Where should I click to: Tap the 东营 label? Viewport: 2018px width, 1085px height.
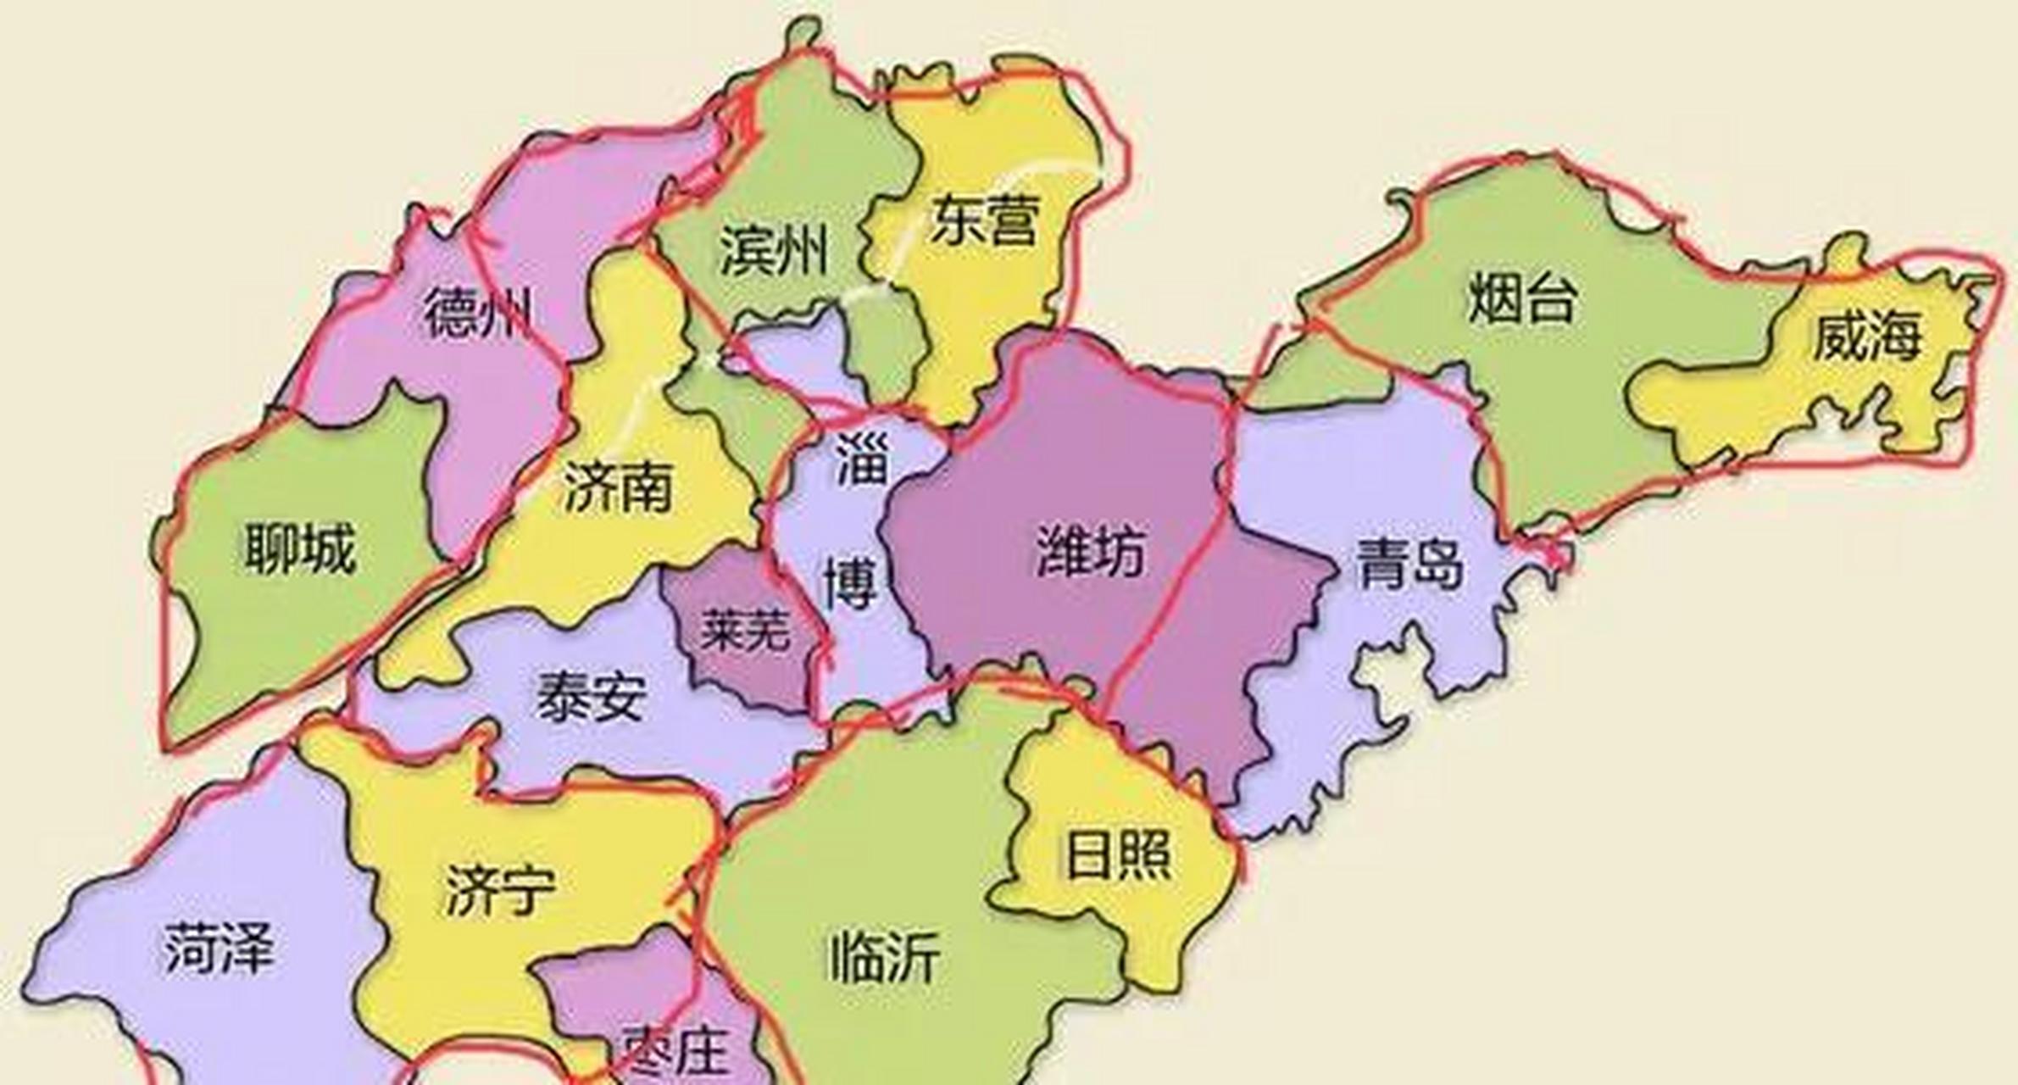[984, 220]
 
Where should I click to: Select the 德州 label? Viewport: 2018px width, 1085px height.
[477, 313]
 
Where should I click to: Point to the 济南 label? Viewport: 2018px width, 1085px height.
[618, 487]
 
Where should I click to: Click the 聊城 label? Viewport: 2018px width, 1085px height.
[300, 548]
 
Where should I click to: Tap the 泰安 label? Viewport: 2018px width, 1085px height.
[591, 698]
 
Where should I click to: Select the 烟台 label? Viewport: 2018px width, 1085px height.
[1523, 298]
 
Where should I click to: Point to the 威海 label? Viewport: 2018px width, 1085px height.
[1866, 336]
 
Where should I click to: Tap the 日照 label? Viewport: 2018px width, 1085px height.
[1118, 855]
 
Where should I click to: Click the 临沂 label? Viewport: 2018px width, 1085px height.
[884, 957]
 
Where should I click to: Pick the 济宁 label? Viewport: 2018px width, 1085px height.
[500, 890]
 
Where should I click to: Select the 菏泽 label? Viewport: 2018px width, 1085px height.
[219, 948]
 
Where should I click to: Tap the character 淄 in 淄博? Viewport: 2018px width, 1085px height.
[862, 459]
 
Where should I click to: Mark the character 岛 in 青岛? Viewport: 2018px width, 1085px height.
[1437, 563]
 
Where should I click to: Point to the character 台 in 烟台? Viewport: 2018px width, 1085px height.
[1550, 298]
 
